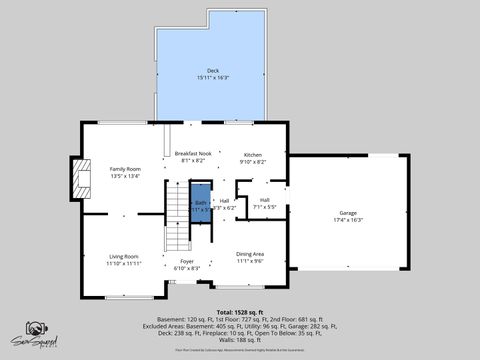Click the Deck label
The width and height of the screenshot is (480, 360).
click(211, 70)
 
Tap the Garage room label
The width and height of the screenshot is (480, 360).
click(348, 213)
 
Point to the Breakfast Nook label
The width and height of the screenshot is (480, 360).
click(191, 153)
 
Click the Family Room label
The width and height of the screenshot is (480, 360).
click(125, 169)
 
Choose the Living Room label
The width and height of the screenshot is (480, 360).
click(124, 257)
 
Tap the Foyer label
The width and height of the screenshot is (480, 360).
click(188, 262)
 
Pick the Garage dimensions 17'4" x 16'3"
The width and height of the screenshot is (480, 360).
click(348, 220)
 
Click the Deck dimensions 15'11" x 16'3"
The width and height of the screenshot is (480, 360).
click(213, 77)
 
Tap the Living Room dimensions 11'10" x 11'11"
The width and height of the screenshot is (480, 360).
click(125, 264)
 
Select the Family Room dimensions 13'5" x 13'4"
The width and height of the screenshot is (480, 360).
click(125, 176)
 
